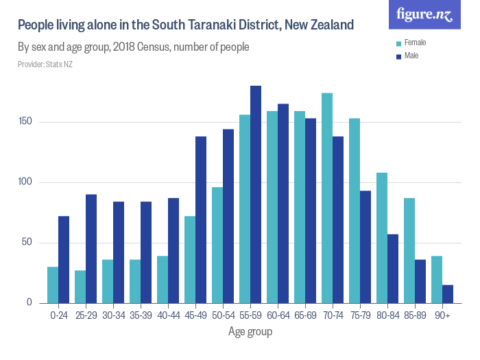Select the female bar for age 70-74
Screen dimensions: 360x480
327,198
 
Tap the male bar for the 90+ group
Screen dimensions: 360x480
448,294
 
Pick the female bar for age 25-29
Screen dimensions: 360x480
80,287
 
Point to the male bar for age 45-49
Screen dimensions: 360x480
201,219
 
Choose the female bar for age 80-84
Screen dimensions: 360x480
382,238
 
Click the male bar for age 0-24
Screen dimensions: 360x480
64,259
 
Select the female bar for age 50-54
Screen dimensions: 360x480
217,245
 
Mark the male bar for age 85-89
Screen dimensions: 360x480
420,281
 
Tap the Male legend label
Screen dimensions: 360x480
411,56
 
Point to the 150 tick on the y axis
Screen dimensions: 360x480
26,122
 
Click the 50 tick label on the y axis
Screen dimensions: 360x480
28,243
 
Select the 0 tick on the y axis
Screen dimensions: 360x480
30,302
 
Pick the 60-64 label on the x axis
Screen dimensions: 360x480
278,316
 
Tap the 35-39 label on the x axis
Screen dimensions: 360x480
141,316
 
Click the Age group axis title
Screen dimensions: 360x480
250,332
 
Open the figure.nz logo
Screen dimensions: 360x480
424,14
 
